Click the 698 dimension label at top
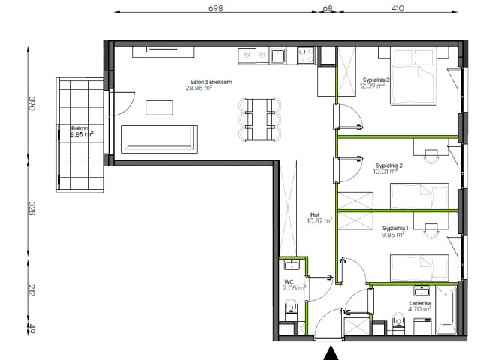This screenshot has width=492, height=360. (216, 8)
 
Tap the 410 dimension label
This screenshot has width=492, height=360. (397, 8)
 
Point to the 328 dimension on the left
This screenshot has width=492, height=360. (31, 208)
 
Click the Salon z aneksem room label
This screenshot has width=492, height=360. (211, 82)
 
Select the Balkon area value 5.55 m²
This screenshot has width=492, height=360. (82, 135)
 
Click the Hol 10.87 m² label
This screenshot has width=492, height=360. (319, 218)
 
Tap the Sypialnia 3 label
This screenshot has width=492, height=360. (376, 79)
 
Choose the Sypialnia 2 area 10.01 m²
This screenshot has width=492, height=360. (385, 172)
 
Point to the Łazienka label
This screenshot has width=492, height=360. (420, 303)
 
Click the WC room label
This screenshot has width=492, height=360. (289, 282)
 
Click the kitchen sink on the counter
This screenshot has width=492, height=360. (277, 55)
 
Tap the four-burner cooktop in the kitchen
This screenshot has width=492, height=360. (306, 55)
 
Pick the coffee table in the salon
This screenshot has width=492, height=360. (159, 107)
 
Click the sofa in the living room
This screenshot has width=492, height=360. (159, 139)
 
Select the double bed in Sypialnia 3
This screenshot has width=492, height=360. (413, 76)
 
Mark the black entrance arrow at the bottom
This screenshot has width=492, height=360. (331, 353)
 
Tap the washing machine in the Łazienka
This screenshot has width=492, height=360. (423, 326)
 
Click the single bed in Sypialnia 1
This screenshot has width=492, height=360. (419, 268)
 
